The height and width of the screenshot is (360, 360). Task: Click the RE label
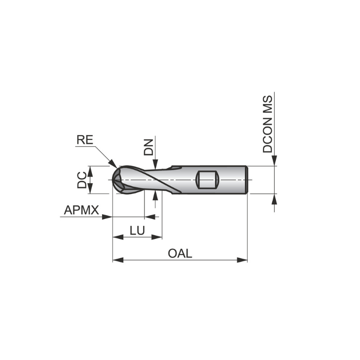(85, 140)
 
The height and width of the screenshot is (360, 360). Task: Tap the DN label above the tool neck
(149, 147)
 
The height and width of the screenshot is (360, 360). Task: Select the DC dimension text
(81, 180)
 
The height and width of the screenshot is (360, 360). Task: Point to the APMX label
(81, 210)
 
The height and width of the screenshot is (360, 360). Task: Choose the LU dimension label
(137, 230)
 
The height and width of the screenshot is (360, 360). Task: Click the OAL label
(180, 253)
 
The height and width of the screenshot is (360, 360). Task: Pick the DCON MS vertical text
(268, 124)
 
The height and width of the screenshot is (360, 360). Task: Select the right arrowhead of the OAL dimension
(243, 260)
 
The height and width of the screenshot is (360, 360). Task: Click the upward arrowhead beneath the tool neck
(155, 194)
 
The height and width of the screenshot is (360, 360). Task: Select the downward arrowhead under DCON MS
(274, 162)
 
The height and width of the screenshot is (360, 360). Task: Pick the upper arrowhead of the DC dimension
(89, 170)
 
